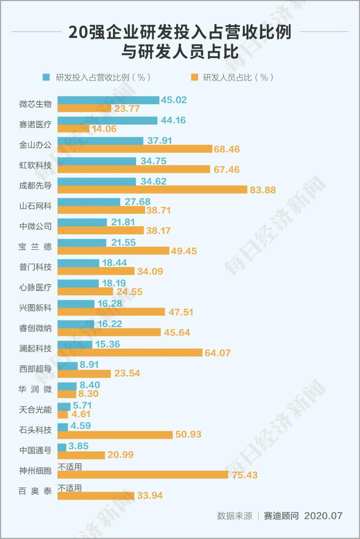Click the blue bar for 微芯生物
coord(108,100)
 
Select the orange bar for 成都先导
coord(152,190)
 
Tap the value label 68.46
coord(227,149)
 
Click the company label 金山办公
coord(35,145)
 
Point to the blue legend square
coord(46,77)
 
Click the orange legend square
coord(194,77)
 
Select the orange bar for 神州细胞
coord(143,475)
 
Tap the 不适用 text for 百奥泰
coord(70,488)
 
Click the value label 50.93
coord(188,434)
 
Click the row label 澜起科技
coord(35,349)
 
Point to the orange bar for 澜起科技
coord(130,353)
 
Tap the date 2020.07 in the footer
coord(323,516)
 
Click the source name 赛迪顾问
coord(281,516)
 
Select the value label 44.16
coord(173,120)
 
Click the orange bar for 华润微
coord(67,394)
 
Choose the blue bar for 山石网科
coord(89,202)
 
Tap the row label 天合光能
coord(35,410)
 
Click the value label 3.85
coord(78,446)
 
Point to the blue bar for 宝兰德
coord(82,243)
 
